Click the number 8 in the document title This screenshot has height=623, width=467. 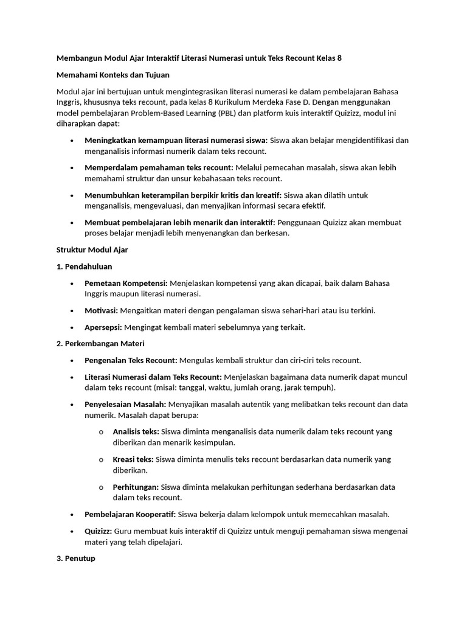[339, 59]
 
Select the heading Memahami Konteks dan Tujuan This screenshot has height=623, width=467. [112, 75]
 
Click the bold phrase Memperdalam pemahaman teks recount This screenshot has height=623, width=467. [159, 167]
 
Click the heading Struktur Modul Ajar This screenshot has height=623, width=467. [92, 250]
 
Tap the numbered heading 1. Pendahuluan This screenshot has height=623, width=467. [84, 266]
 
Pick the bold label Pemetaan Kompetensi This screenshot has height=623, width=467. [126, 284]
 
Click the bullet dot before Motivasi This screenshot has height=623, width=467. [72, 311]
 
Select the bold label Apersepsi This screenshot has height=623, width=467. [103, 327]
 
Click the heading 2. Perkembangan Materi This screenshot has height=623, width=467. [100, 344]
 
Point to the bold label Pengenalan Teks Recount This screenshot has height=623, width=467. [131, 360]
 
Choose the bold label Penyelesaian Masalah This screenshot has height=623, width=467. [125, 405]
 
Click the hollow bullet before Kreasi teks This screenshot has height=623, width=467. [100, 459]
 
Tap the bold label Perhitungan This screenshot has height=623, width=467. [136, 487]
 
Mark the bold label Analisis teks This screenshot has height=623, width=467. [136, 431]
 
